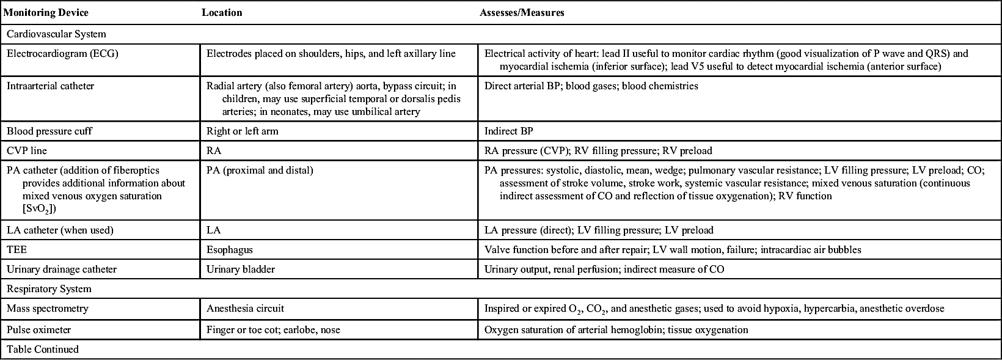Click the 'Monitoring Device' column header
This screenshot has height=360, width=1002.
(46, 13)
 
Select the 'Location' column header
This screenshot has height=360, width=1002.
(222, 13)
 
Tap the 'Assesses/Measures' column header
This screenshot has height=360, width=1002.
(522, 13)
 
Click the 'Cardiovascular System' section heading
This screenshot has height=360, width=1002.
(56, 34)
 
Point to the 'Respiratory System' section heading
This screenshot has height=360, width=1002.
(49, 289)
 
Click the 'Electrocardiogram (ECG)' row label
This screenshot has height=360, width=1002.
(62, 54)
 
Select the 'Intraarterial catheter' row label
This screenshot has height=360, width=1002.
(50, 86)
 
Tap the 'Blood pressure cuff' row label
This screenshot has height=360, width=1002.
(49, 131)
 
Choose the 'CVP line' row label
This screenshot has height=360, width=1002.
(27, 150)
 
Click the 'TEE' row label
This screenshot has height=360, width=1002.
(16, 250)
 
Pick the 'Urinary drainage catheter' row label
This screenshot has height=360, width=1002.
(62, 270)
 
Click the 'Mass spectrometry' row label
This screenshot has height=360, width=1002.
(48, 309)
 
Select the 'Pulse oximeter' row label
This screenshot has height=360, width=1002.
(39, 330)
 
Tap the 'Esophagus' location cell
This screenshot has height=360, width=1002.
(230, 250)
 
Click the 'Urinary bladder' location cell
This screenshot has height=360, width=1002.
(241, 270)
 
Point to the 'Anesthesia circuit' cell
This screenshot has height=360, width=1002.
(246, 309)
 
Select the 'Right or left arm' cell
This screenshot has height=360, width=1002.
(243, 131)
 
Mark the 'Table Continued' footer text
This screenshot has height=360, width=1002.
(43, 350)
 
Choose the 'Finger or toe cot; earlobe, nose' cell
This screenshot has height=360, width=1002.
(273, 330)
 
